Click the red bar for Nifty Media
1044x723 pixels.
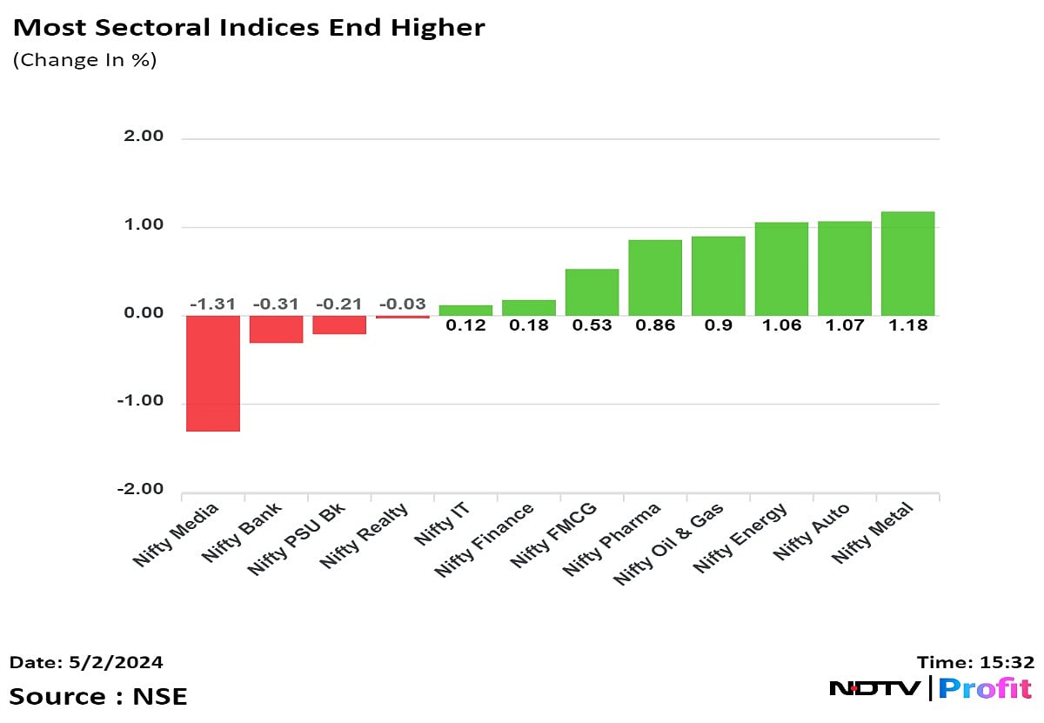pos(213,373)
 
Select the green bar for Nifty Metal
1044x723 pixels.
pos(907,264)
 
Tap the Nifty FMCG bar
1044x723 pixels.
pos(592,292)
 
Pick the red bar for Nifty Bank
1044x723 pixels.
pos(276,329)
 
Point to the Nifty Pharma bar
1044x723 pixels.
pos(655,278)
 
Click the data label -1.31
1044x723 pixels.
pos(213,304)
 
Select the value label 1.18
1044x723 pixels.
pos(907,325)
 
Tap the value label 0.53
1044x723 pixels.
pos(592,325)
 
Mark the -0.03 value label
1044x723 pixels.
pos(403,304)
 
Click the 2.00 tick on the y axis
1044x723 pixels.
pos(144,137)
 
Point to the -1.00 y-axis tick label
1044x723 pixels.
pos(141,402)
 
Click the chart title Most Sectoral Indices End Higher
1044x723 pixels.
pos(248,28)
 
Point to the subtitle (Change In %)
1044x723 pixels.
pos(84,60)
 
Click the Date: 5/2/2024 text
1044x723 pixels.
pos(86,662)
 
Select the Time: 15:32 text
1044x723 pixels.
pos(975,662)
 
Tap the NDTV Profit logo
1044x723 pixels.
pos(931,688)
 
